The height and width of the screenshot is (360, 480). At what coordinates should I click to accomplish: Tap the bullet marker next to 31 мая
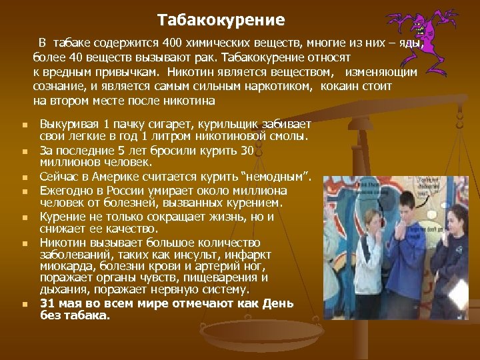coord(24,304)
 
